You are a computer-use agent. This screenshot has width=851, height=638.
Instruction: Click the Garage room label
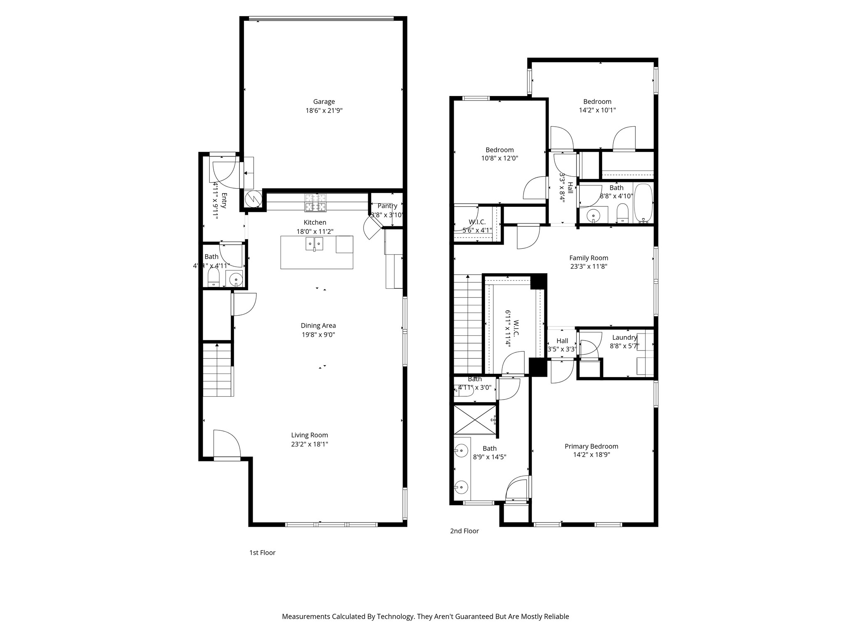click(324, 101)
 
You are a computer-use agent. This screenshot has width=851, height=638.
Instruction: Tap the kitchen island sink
click(314, 244)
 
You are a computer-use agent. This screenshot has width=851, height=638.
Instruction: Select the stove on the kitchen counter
click(315, 202)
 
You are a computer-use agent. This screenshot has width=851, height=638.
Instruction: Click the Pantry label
click(387, 206)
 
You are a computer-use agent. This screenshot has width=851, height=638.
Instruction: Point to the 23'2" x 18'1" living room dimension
click(310, 444)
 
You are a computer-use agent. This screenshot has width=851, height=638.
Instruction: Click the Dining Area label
click(318, 326)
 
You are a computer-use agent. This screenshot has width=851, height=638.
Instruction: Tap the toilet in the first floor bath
click(213, 277)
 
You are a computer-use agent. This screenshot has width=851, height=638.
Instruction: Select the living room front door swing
click(226, 444)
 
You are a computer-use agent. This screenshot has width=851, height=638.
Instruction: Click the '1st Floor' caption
click(262, 552)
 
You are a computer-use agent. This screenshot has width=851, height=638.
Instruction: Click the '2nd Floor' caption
click(464, 531)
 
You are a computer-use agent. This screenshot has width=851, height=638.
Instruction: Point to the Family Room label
click(588, 258)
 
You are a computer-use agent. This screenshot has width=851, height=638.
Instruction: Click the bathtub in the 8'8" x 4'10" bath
click(643, 202)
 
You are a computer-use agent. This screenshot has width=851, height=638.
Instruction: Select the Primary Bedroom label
click(591, 446)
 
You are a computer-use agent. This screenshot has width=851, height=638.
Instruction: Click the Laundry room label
click(624, 337)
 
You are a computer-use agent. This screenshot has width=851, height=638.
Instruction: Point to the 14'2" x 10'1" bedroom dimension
click(597, 110)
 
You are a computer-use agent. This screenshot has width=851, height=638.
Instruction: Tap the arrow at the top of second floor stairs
click(468, 276)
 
